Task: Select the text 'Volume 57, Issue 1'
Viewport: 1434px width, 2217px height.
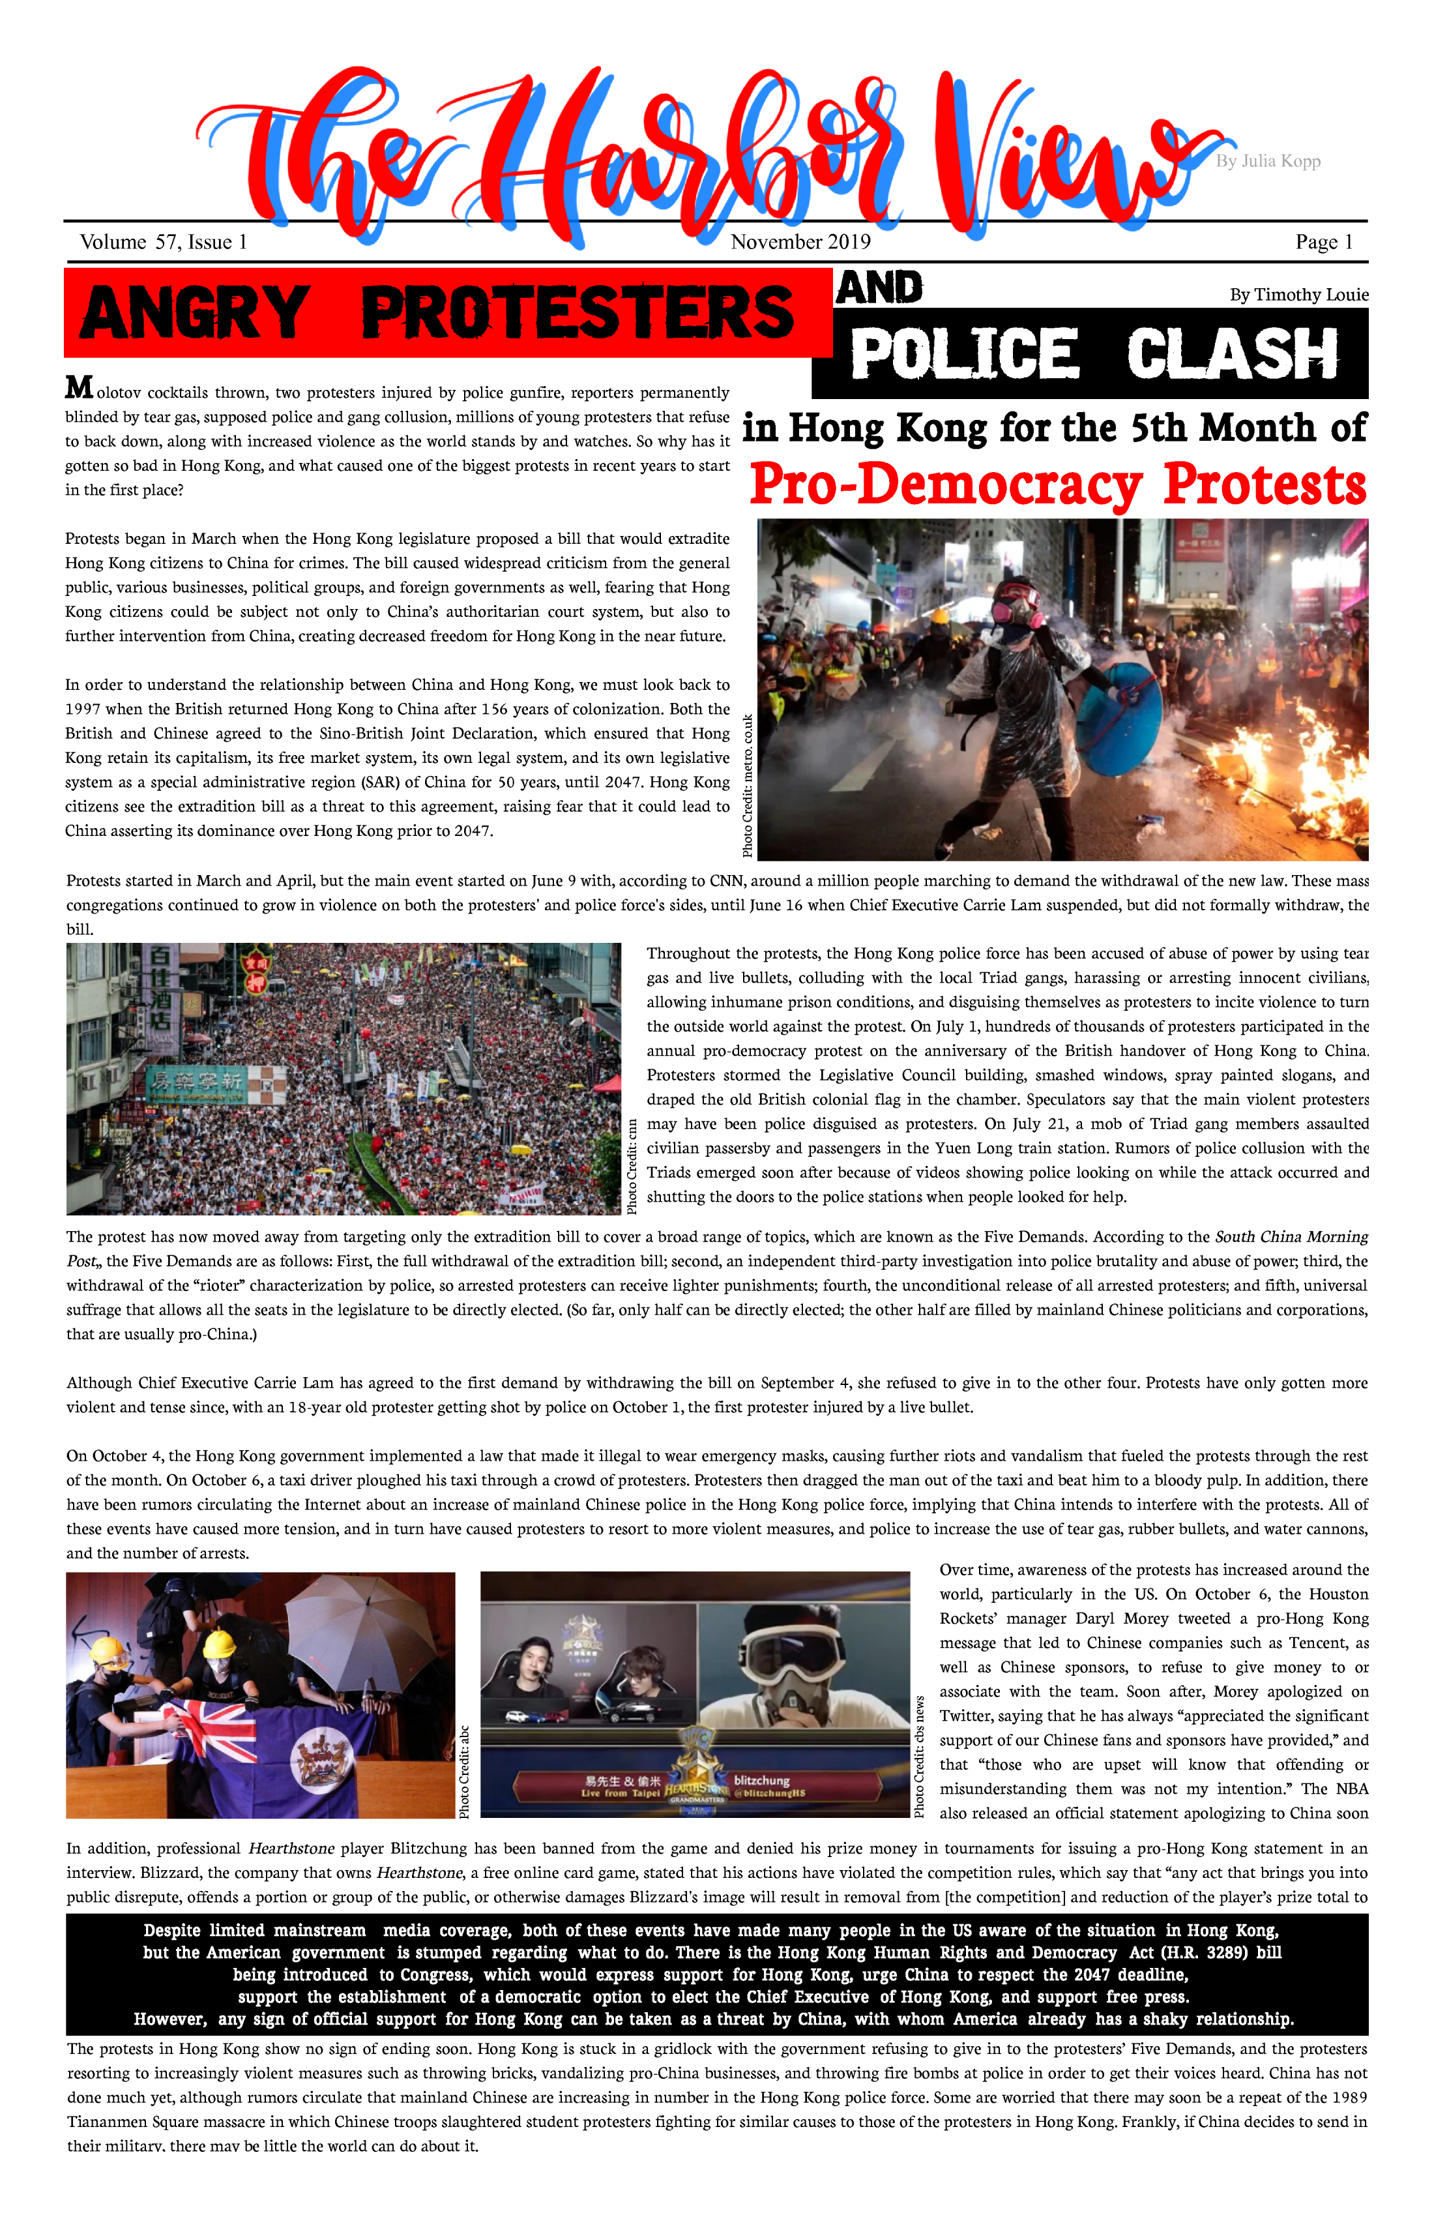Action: (164, 242)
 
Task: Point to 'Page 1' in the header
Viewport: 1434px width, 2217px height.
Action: (1323, 242)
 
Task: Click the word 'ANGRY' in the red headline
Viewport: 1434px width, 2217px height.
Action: (195, 312)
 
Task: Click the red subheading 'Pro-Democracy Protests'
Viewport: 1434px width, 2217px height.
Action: (1058, 484)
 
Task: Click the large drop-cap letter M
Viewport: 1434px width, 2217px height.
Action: (79, 387)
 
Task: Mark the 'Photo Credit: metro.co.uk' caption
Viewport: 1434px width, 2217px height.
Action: (748, 785)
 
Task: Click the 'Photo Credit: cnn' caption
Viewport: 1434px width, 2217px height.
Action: (632, 1165)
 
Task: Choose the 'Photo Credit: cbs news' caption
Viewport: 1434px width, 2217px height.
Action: (920, 1757)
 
